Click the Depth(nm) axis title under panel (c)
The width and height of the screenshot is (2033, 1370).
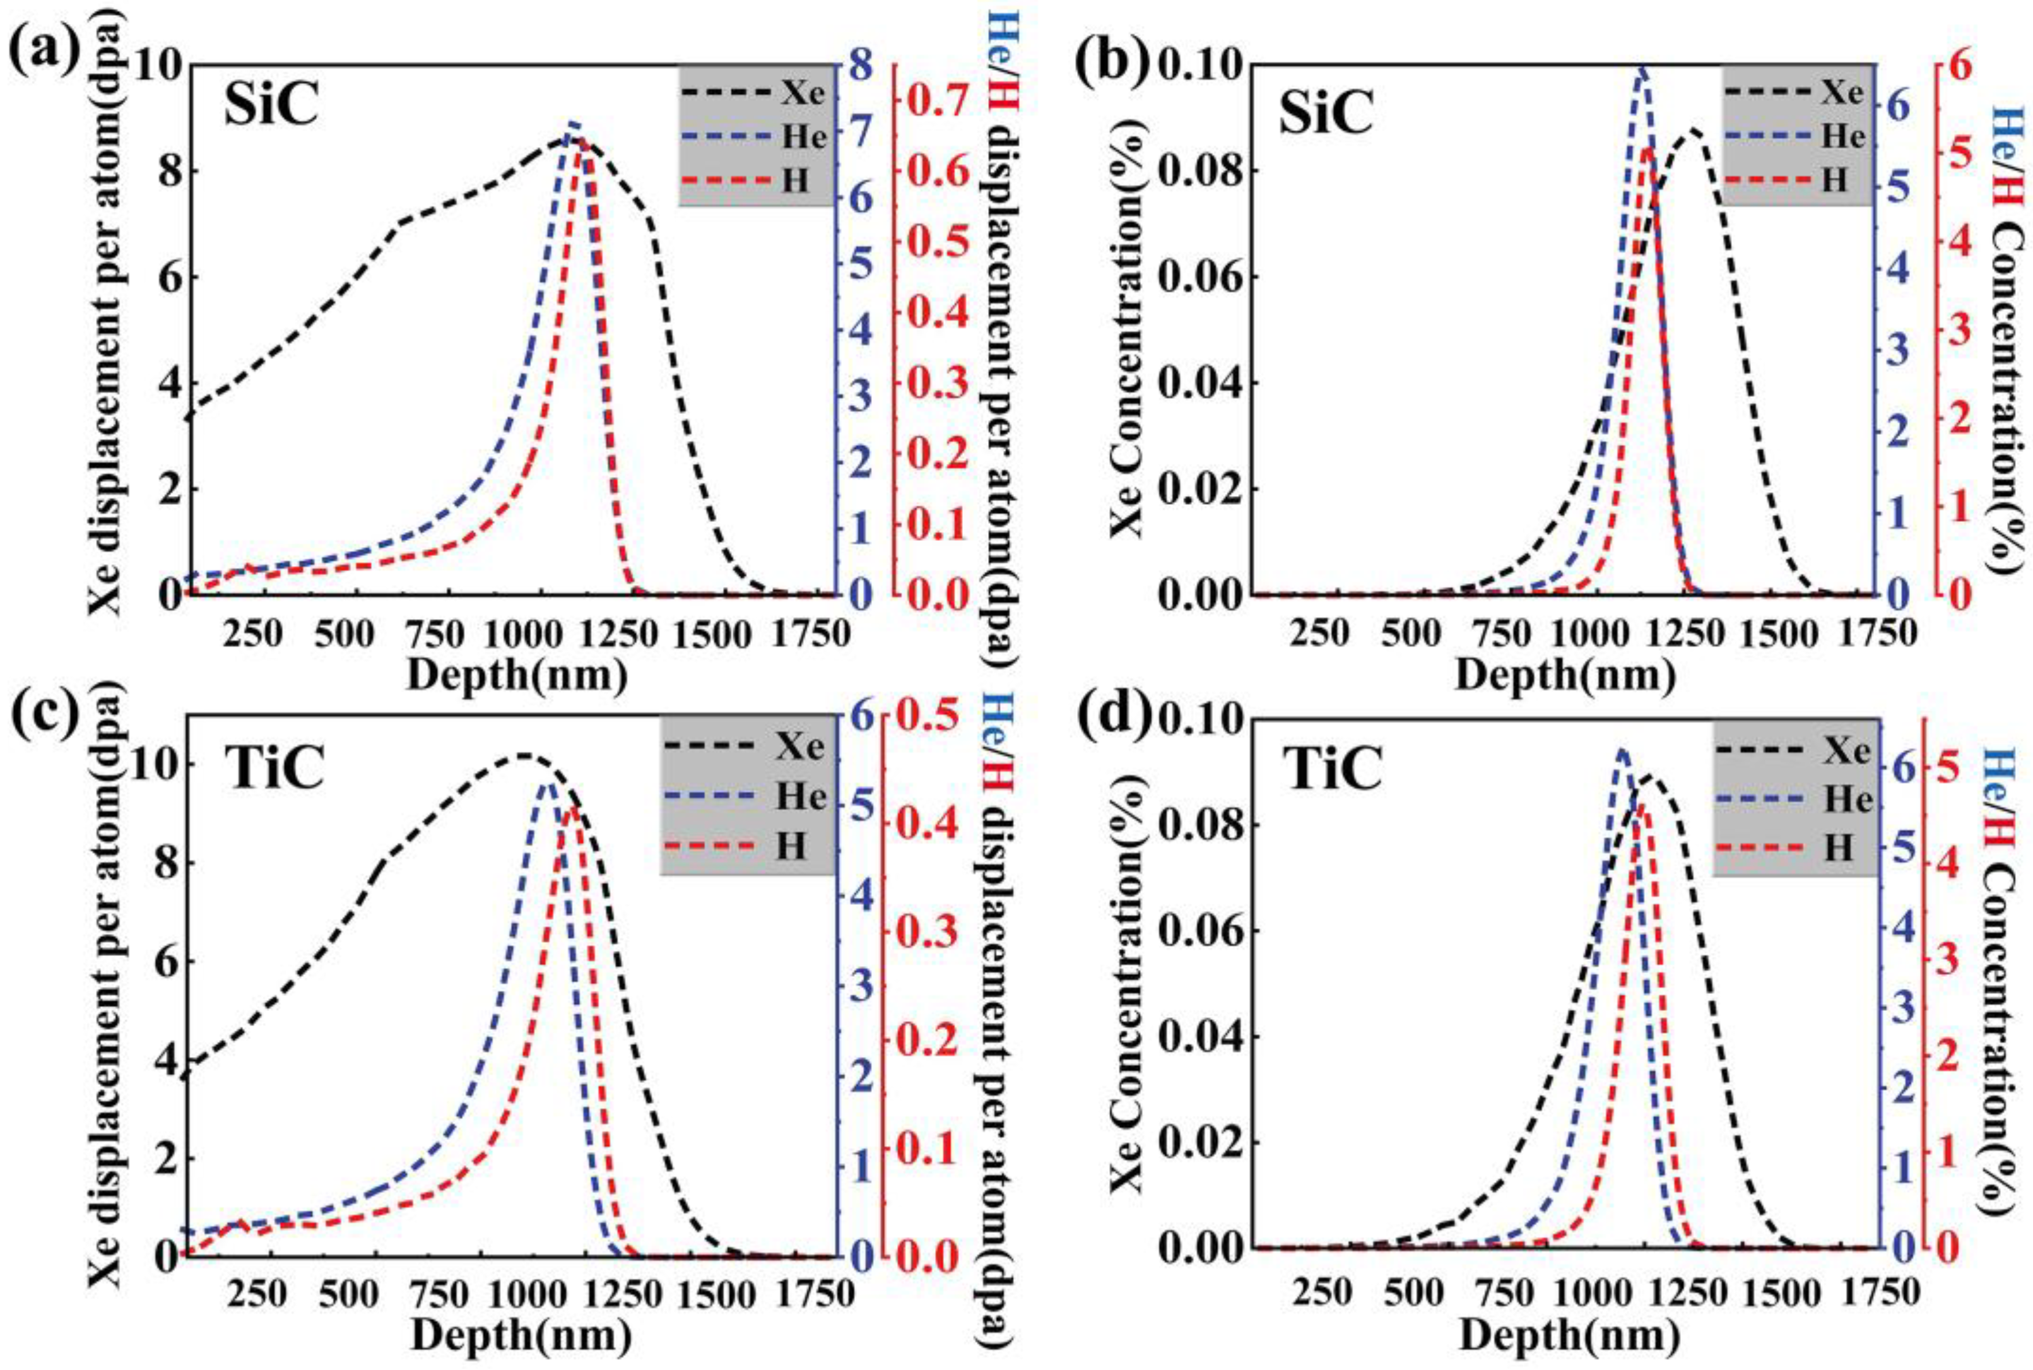[521, 1337]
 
